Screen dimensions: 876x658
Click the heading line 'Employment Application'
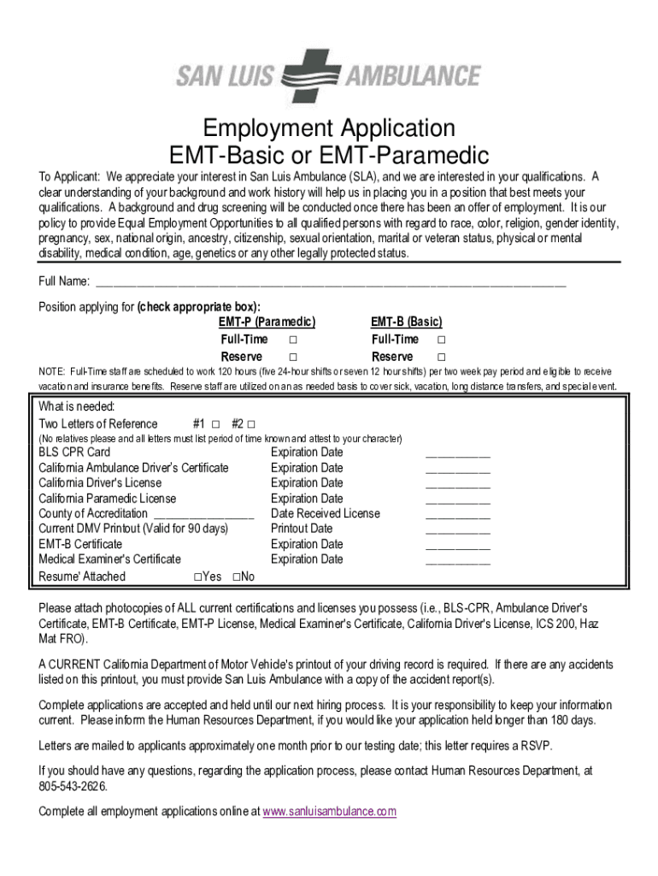329,129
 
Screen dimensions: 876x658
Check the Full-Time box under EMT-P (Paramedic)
292,340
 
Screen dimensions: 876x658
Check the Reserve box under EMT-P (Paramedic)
292,357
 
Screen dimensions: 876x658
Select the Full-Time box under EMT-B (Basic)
442,340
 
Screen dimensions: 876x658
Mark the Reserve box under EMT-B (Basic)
442,357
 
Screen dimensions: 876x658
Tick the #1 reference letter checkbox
215,424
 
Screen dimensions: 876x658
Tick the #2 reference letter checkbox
251,424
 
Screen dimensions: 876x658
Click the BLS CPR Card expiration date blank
457,453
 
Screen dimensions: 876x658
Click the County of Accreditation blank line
203,515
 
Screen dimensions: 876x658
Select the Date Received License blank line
457,515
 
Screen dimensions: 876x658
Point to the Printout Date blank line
457,530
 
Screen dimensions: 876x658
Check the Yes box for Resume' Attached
197,577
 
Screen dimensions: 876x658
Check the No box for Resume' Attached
236,577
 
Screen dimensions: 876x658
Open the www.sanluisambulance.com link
329,811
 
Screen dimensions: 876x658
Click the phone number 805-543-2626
73,786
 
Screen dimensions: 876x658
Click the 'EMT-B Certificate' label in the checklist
80,544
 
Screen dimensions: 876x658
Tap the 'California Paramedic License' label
108,498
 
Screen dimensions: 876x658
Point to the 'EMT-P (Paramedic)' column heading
267,322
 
